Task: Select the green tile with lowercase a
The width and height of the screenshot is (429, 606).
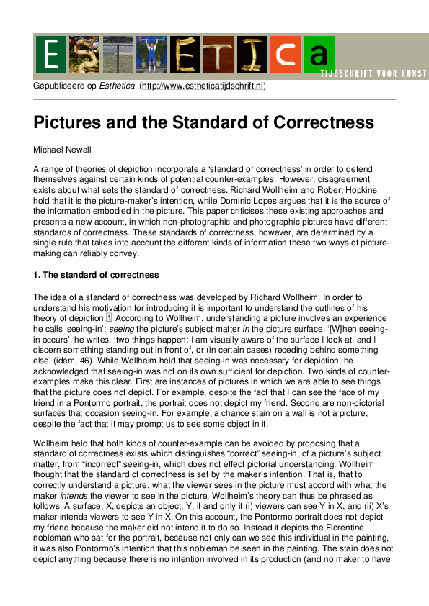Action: (x=319, y=55)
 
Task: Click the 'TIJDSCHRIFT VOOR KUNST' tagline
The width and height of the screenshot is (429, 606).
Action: (x=375, y=74)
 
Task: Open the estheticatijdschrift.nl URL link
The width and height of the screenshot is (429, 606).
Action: (x=203, y=86)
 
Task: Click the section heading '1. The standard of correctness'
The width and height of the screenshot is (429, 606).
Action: (x=96, y=275)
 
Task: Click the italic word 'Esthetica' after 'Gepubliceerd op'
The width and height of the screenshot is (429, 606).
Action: (x=118, y=86)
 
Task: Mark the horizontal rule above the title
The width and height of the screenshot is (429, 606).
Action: (x=215, y=100)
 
